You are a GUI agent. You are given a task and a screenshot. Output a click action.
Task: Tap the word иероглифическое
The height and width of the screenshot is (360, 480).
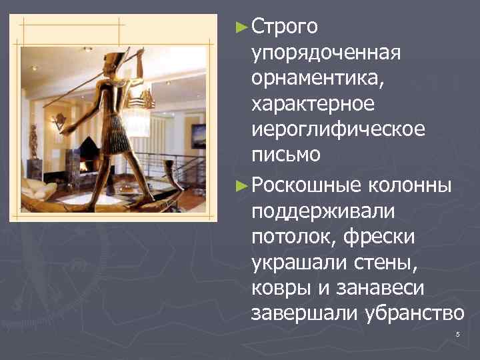[337, 129]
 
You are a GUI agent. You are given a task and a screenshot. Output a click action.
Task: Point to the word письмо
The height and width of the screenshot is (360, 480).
[285, 154]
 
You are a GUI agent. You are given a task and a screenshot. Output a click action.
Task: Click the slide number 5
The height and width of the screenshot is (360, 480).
[457, 333]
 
